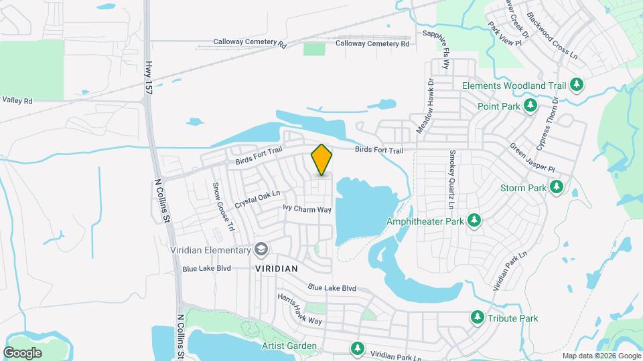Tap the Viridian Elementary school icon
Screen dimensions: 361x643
[261, 251]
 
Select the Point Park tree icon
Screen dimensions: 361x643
[530, 106]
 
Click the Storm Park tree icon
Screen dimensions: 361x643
[556, 188]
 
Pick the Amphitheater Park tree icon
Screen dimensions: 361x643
[474, 221]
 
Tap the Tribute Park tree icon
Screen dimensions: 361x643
[478, 318]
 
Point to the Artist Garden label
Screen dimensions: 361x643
[289, 346]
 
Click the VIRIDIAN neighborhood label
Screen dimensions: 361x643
[276, 267]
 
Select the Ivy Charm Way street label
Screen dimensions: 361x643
[307, 209]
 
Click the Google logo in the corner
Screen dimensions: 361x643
[22, 353]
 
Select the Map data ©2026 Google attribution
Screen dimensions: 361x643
[601, 356]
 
